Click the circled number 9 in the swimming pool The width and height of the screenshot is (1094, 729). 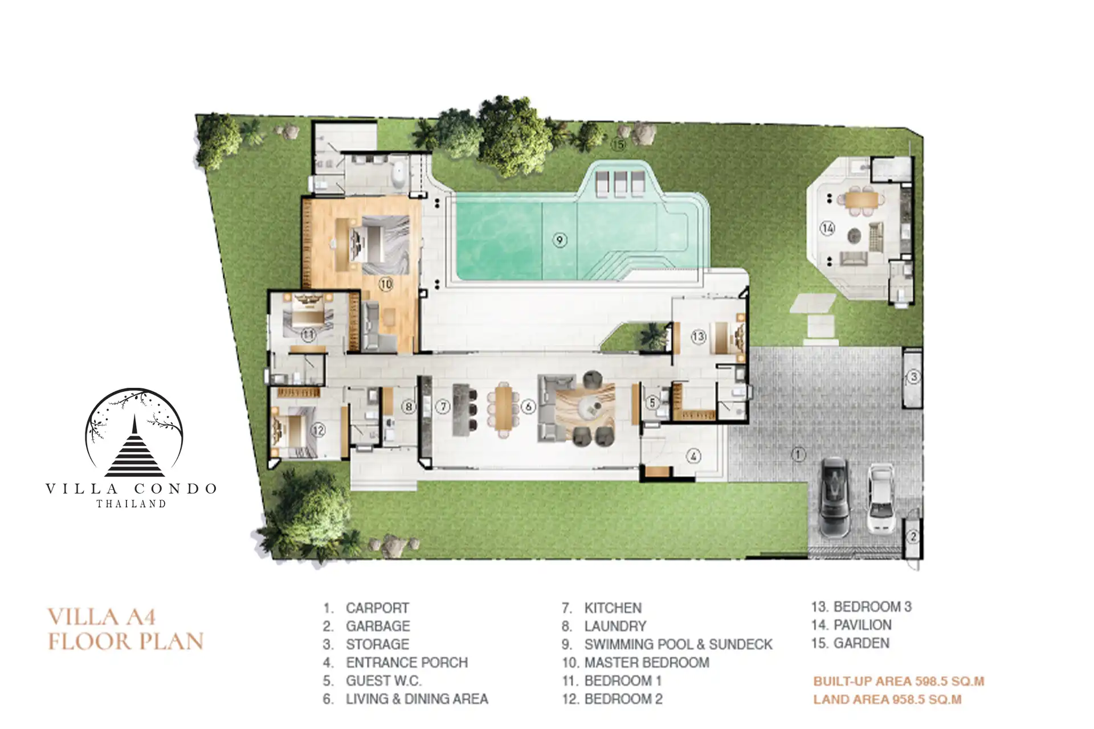pos(560,240)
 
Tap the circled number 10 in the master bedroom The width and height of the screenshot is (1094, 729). pos(386,284)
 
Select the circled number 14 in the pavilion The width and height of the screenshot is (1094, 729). pos(827,228)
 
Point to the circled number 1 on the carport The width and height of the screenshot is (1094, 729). pos(798,454)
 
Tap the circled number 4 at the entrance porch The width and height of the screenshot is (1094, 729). pos(693,456)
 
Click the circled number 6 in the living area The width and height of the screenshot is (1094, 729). pos(529,407)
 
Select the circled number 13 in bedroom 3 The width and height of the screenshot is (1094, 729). pos(699,337)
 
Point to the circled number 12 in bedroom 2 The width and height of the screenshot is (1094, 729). pos(317,430)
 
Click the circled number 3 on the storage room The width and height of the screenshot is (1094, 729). pos(913,376)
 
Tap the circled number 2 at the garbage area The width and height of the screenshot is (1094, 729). pos(913,536)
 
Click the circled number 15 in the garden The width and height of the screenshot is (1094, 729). pos(618,145)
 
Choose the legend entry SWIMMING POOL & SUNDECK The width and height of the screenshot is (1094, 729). pos(667,644)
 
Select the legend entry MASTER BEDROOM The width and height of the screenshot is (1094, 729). pos(635,662)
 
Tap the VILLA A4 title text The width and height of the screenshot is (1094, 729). pos(101,617)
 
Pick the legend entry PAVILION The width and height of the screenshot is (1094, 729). pos(851,625)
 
